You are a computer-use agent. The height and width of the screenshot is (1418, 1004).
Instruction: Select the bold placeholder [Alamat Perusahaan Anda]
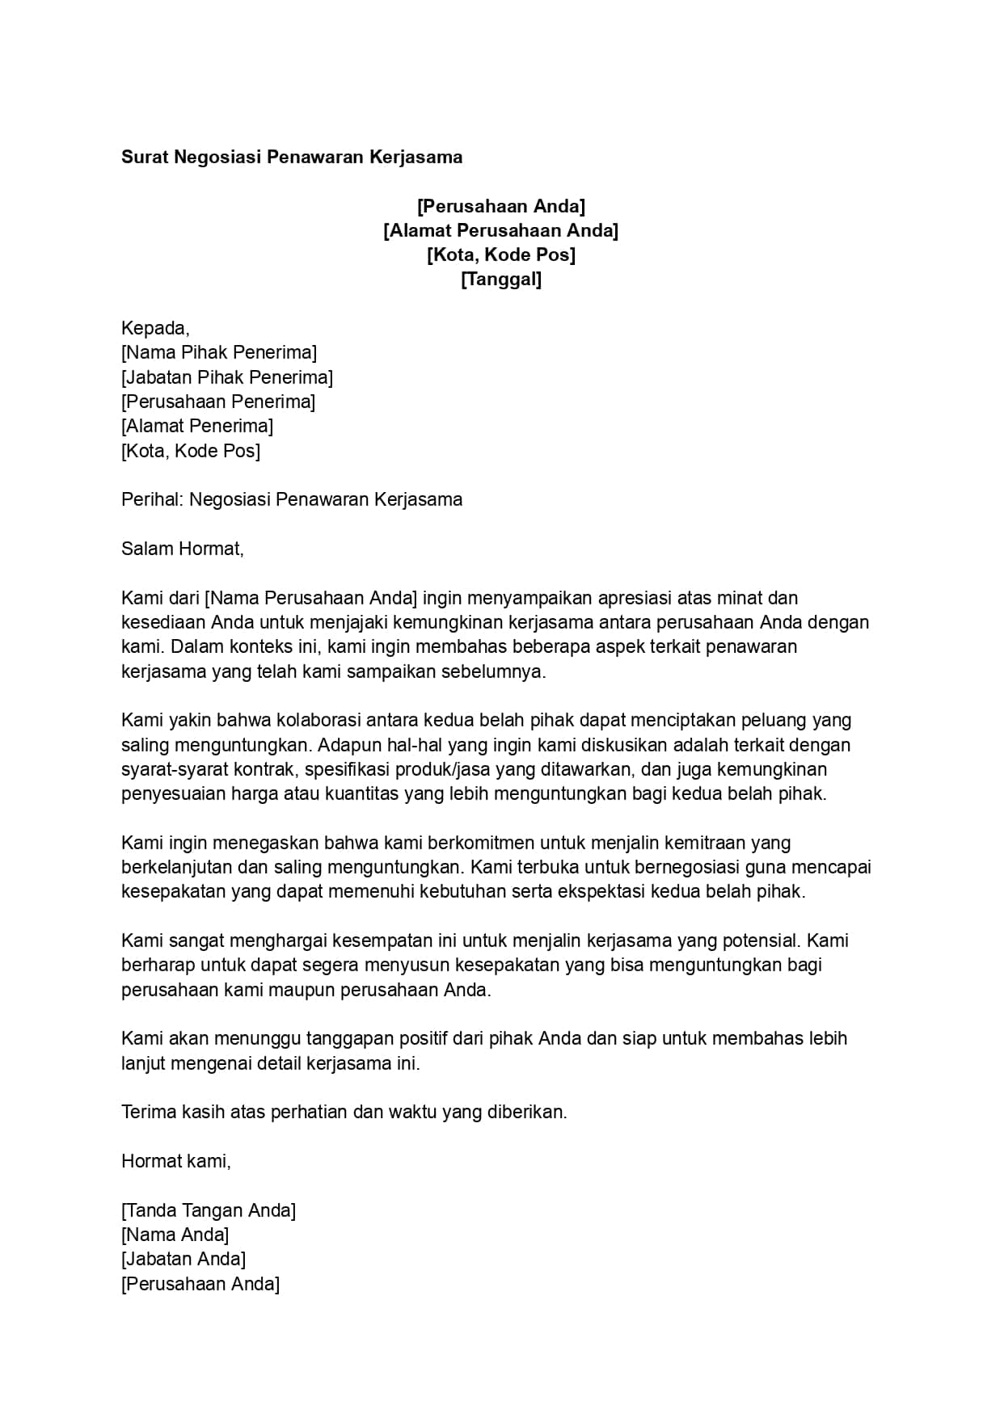tap(500, 231)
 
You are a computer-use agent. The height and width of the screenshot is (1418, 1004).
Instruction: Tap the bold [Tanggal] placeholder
tap(500, 280)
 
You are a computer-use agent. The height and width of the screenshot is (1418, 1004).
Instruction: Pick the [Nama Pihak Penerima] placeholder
tap(219, 352)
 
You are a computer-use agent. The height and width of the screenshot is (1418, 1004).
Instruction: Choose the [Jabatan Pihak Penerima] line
tap(227, 377)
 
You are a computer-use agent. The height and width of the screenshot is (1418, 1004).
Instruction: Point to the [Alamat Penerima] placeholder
tap(197, 426)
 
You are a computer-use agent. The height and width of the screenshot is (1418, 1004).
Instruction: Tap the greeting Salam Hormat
tap(182, 549)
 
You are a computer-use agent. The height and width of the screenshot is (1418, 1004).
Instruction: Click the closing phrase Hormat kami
tap(175, 1161)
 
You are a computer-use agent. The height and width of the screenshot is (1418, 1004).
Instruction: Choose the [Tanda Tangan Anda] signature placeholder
tap(209, 1210)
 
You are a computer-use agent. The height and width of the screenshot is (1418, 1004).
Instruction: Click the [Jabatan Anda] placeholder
tap(184, 1259)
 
